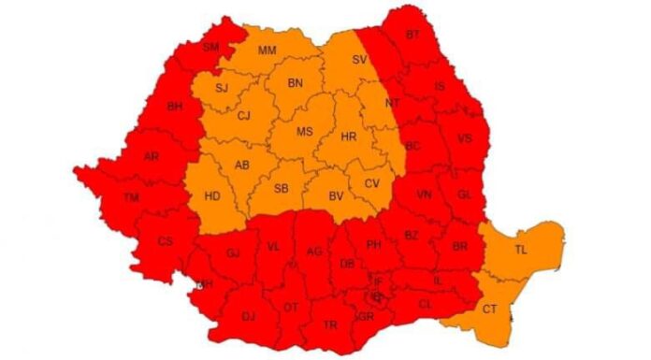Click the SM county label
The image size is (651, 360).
coord(210,47)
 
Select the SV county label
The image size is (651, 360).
coord(359,59)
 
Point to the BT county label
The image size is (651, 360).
coord(412,35)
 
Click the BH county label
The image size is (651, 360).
coord(174,107)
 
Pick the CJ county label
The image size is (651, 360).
coord(244,116)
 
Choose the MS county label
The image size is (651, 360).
coord(304,132)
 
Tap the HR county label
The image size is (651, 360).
coord(349,137)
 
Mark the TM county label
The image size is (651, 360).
coord(131,196)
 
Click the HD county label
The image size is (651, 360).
coord(212,195)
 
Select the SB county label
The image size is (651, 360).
coord(281,188)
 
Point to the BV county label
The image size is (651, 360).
coord(335,195)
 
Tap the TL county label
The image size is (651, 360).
coord(521,249)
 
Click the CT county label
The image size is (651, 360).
coord(489,309)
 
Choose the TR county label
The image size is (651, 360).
coord(329,324)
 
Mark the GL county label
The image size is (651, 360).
coord(465,194)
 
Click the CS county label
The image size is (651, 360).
coord(166,241)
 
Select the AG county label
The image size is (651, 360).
coord(314,250)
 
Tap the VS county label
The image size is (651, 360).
coord(465,138)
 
